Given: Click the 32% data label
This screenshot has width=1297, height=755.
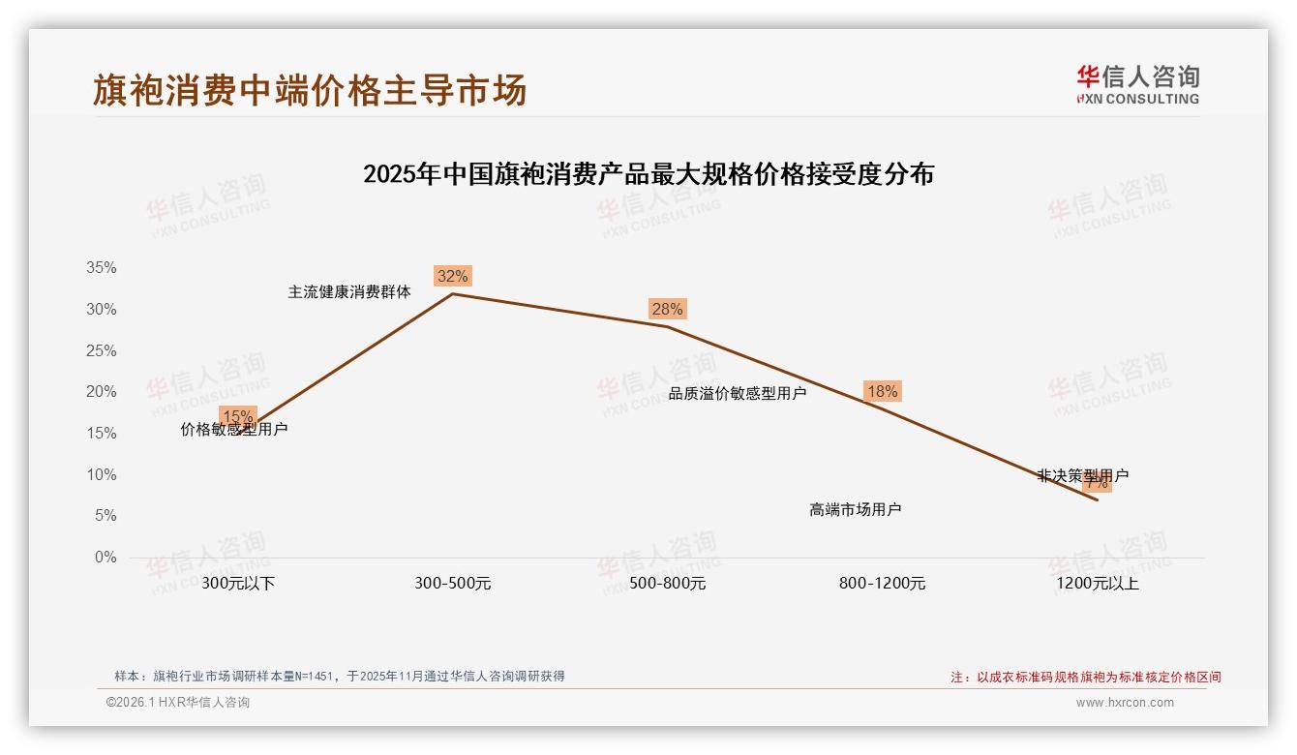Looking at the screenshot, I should tap(452, 276).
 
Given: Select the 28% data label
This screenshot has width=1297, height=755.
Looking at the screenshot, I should tap(667, 310).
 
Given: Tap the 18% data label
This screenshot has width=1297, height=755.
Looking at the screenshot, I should tap(882, 392).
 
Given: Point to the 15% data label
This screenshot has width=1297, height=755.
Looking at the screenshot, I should tap(238, 416).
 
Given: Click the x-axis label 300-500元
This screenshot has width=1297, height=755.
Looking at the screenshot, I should tap(452, 584).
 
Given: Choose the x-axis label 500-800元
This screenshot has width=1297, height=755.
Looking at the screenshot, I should tap(667, 584).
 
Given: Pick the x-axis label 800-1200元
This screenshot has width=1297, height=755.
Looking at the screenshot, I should tap(882, 584).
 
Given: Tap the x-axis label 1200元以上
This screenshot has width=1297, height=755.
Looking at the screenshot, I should tap(1098, 584).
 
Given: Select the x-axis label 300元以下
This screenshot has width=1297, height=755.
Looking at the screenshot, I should tap(238, 584).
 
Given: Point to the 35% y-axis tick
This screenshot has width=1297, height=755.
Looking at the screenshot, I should tap(101, 268).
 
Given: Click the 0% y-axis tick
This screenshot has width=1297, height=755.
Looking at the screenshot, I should tap(105, 558).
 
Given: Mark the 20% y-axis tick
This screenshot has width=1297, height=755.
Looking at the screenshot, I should tap(101, 392).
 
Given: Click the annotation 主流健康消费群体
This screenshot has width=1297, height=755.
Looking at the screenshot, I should tap(349, 291).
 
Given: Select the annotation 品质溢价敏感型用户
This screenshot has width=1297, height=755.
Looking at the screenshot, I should tap(738, 394).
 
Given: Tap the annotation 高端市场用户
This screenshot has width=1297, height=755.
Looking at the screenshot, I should tap(856, 509).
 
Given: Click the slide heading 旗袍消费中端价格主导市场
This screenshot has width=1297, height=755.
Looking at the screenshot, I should tap(310, 90).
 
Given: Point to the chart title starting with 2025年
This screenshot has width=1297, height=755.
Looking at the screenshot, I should tap(648, 175).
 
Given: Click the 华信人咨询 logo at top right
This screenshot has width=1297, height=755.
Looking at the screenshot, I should tap(1137, 84).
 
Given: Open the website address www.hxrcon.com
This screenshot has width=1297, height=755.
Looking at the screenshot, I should tap(1125, 703).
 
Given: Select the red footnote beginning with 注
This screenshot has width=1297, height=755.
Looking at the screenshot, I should tap(1086, 678).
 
